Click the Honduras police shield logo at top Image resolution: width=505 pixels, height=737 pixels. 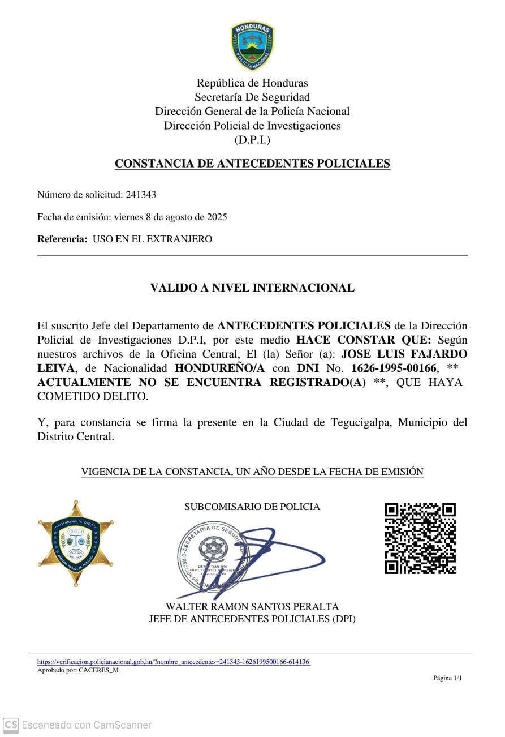pos(252,45)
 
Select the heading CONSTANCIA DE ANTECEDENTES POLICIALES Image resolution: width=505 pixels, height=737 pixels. pos(252,164)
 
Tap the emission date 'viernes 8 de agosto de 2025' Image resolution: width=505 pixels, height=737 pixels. pos(170,217)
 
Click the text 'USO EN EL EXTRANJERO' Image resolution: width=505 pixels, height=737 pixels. pos(152,239)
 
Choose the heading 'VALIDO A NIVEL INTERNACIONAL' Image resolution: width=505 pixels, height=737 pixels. pos(252,288)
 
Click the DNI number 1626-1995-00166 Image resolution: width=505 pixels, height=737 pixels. pos(394,368)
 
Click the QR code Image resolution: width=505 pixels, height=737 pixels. pos(420,538)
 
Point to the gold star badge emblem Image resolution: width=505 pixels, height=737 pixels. pos(76,542)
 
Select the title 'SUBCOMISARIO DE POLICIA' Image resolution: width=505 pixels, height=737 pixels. pos(252,507)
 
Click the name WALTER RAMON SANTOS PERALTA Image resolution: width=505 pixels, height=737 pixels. pos(252,607)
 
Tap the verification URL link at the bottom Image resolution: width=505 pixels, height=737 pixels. pos(174,662)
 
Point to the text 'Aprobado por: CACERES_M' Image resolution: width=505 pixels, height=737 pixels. pos(78,670)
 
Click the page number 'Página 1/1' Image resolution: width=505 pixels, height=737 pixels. pos(447,678)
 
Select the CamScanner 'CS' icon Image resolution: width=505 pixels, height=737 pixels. pos(11,725)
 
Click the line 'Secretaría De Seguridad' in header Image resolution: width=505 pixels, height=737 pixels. pos(252,97)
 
